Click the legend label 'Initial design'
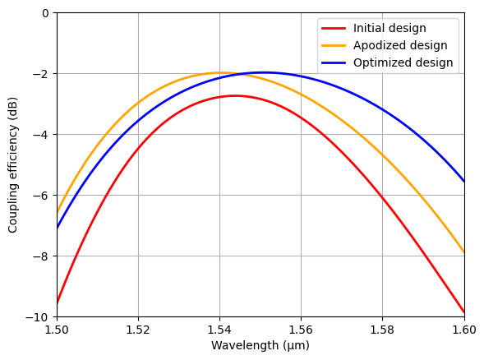390,28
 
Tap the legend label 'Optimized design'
403,62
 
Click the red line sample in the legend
335,28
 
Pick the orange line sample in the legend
335,45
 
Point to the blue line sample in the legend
335,62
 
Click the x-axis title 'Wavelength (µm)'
260,346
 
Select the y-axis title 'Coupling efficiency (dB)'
13,165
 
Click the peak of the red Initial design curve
235,95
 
